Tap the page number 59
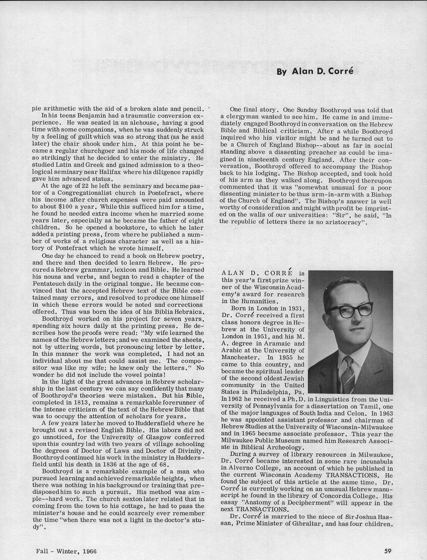click(388, 551)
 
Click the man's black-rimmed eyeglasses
click(350, 309)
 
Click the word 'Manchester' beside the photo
click(239, 358)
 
